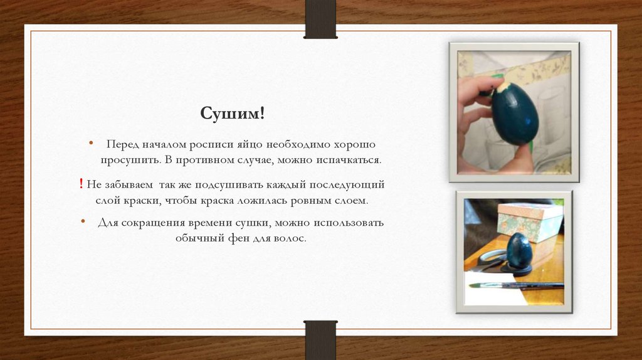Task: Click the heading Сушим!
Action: [233, 114]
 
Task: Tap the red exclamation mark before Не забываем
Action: [82, 184]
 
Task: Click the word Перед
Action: [121, 144]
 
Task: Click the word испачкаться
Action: [349, 161]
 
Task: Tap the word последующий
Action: [350, 186]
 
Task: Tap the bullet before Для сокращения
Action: [83, 223]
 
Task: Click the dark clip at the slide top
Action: [320, 19]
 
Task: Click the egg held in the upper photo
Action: [515, 113]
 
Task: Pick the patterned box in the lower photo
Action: [530, 221]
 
